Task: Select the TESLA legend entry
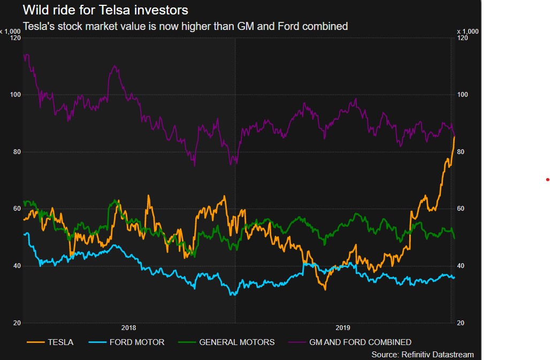60,342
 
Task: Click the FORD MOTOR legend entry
137,342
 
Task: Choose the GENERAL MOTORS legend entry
236,342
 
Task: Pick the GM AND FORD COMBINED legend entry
360,342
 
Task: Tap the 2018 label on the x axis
129,328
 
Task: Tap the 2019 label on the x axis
343,328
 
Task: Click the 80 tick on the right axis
462,152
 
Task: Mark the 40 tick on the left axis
16,266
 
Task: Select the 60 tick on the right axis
462,209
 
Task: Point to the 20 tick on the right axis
462,323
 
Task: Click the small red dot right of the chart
547,180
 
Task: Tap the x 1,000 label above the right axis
468,31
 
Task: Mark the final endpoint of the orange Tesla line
454,137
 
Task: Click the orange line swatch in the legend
35,342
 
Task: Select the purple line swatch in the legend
297,342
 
